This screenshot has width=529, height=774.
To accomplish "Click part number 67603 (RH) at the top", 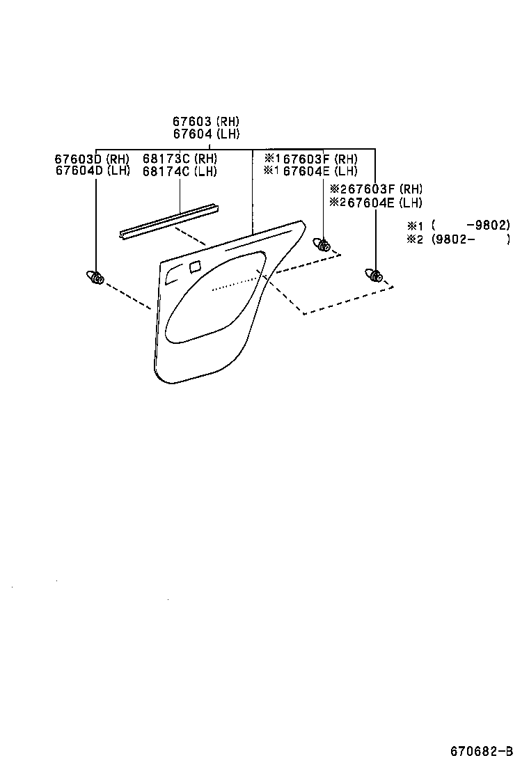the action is point(206,121).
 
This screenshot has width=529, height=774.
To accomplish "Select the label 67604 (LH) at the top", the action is point(206,134).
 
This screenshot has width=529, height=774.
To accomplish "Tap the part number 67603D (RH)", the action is point(92,159).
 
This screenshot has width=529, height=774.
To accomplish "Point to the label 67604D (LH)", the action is point(92,171).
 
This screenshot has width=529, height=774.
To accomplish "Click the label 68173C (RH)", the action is point(180,159).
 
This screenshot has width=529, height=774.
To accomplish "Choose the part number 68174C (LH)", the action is point(180,171).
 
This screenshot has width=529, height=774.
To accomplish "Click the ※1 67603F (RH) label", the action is point(310,159).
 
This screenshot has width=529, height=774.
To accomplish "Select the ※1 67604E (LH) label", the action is point(310,171).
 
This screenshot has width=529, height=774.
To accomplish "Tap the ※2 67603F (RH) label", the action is point(376,189).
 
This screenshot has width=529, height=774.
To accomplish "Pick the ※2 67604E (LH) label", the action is point(376,203).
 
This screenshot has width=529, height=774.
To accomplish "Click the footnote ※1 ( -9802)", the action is point(459,226).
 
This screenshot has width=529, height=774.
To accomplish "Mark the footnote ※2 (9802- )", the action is point(459,239).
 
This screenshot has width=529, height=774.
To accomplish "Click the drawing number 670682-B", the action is point(481,751).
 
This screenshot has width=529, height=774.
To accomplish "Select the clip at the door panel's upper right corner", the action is point(322,244).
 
